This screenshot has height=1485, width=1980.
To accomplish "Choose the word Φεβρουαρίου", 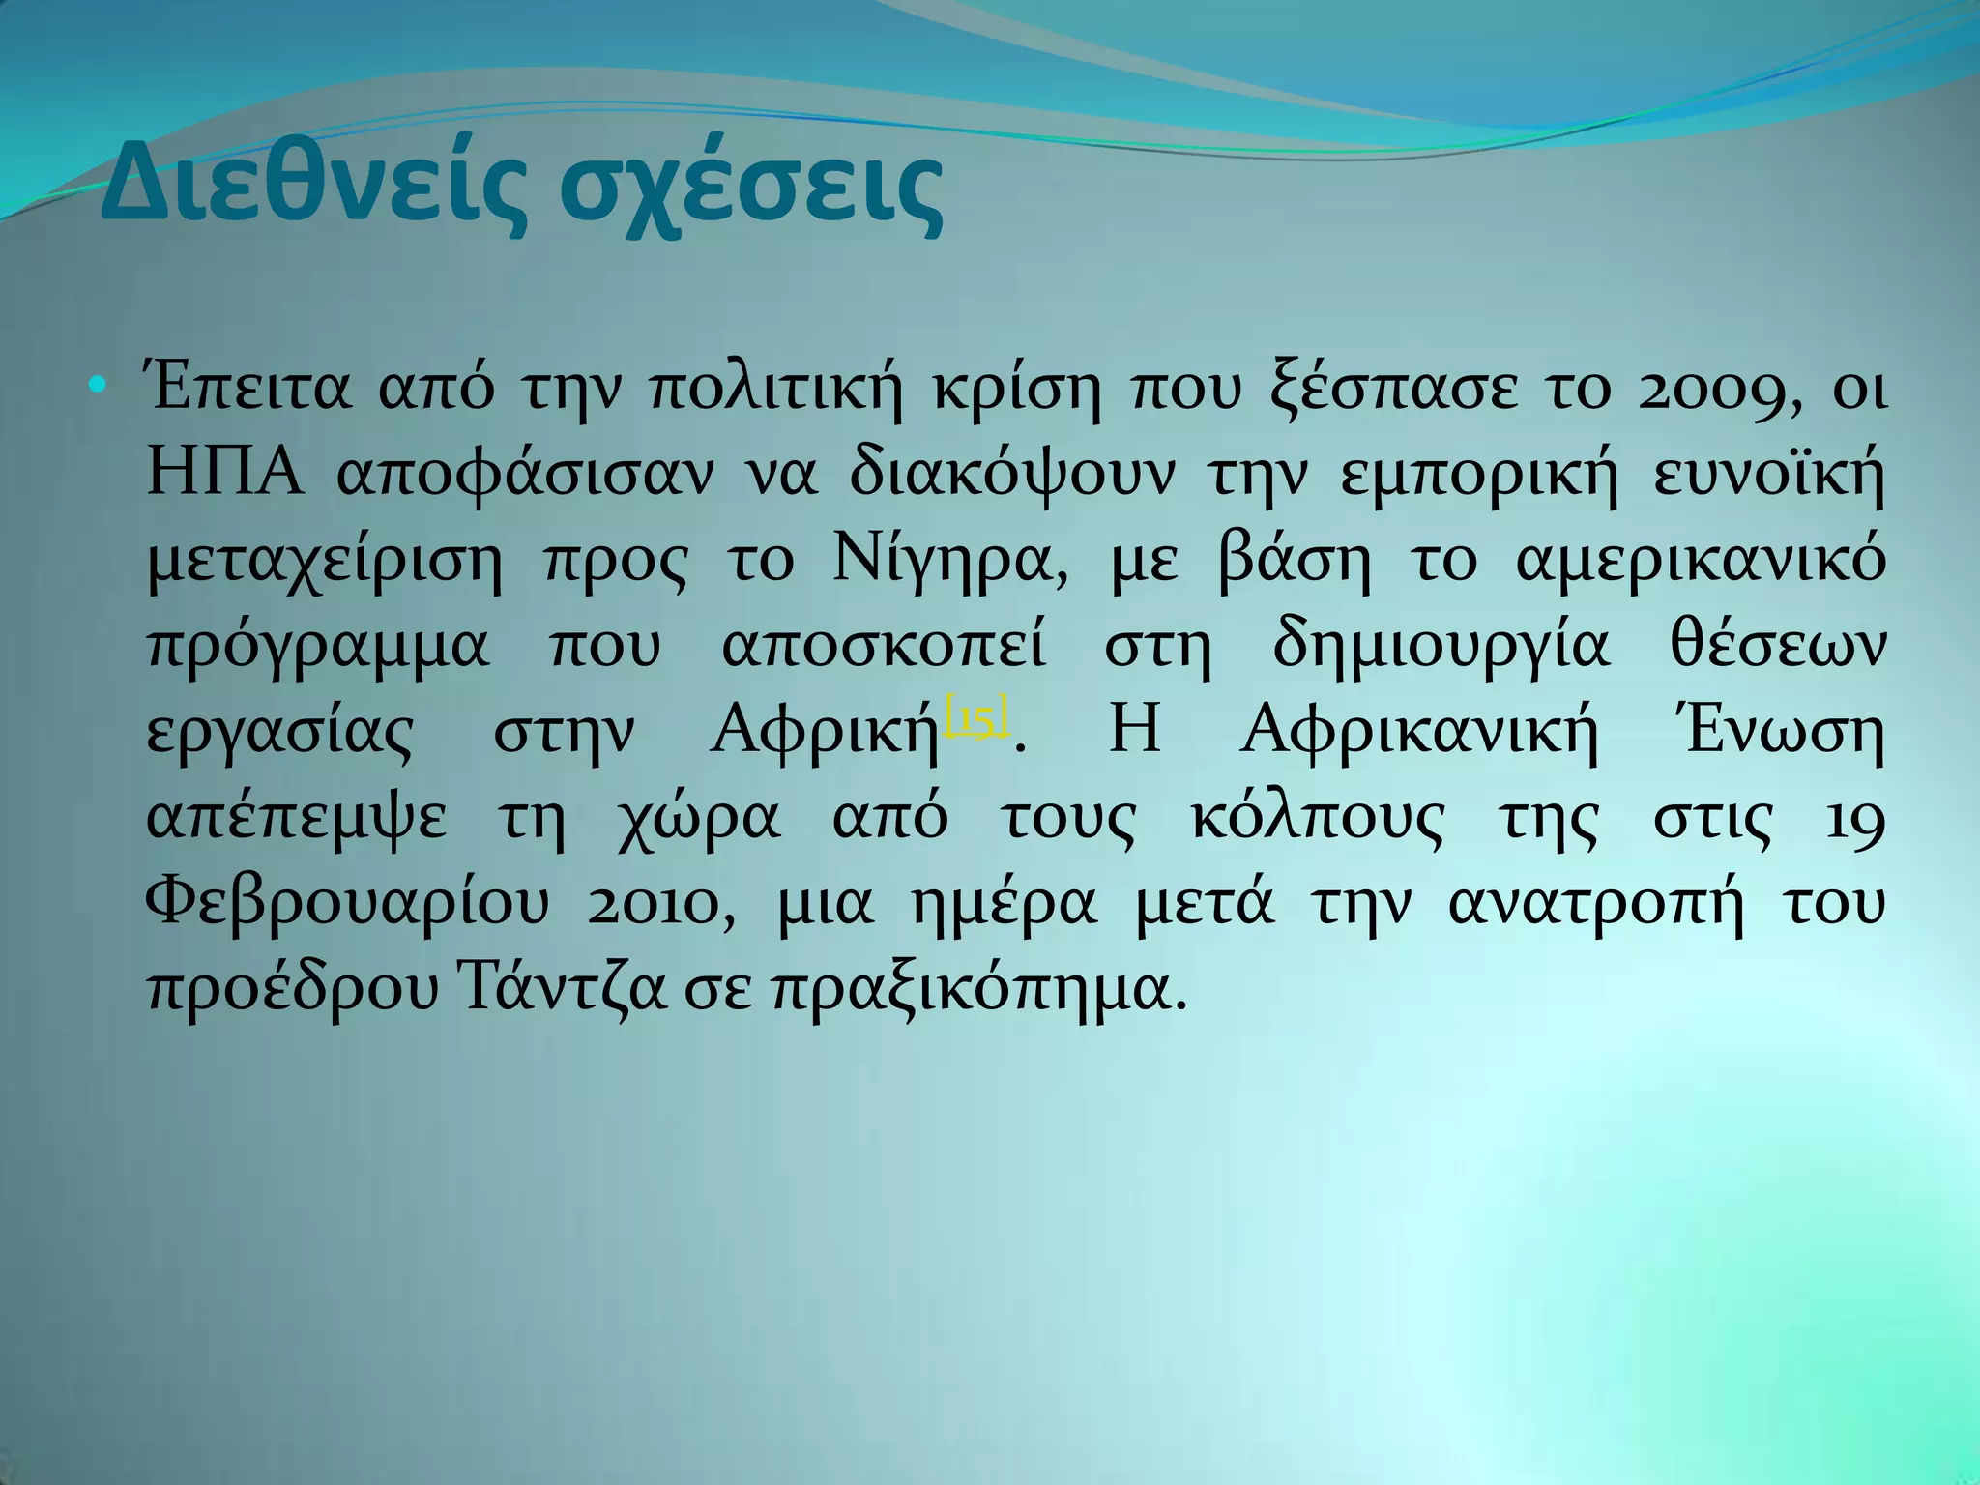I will pyautogui.click(x=348, y=905).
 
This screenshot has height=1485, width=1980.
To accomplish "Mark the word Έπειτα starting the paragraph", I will pyautogui.click(x=247, y=391).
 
